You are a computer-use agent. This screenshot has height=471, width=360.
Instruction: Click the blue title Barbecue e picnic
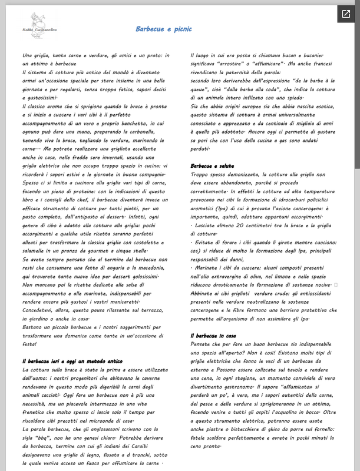tap(164, 29)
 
